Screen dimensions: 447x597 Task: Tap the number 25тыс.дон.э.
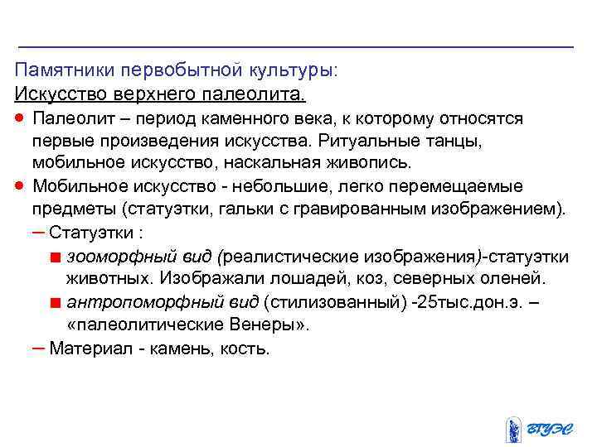tap(467, 300)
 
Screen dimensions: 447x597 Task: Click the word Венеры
tap(272, 324)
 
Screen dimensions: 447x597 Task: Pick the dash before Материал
tap(38, 348)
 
